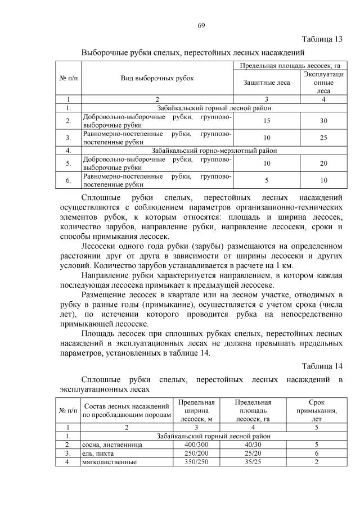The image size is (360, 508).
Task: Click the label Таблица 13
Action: (x=322, y=39)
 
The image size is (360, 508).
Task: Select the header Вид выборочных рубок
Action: (x=157, y=78)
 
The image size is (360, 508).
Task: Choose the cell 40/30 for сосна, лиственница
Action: (x=253, y=444)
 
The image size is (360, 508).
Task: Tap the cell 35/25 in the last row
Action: (x=253, y=462)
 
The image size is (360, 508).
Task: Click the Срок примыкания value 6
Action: (x=317, y=453)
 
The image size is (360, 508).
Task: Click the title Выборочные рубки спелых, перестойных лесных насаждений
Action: (x=193, y=53)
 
